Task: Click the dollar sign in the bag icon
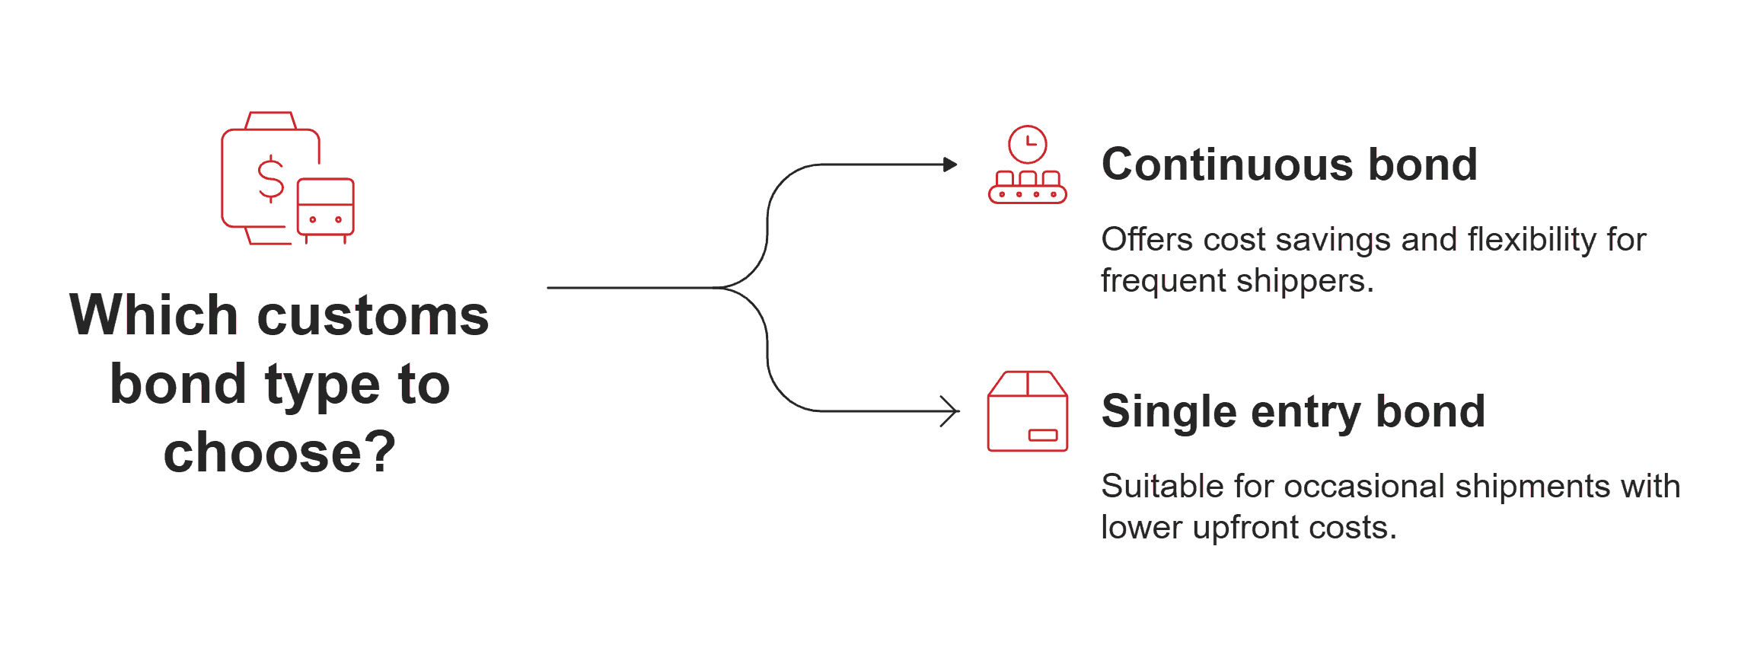click(x=270, y=179)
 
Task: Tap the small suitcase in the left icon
click(x=325, y=207)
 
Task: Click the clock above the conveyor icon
click(x=1027, y=144)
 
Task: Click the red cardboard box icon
click(x=1027, y=412)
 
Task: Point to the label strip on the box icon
click(x=1042, y=435)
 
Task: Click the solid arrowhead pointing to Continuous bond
click(x=949, y=164)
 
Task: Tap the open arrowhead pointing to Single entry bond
click(x=950, y=411)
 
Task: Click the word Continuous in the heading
click(x=1226, y=164)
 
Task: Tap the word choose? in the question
click(x=279, y=452)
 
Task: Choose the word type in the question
click(x=322, y=385)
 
